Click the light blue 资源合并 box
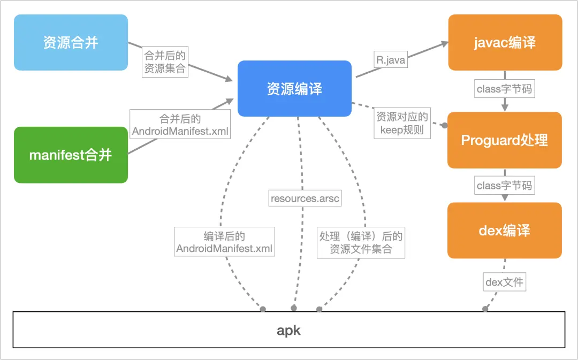(71, 43)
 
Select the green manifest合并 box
(71, 155)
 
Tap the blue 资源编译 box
(294, 88)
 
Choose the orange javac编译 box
(505, 42)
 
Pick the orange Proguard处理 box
(505, 140)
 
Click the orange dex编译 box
(505, 231)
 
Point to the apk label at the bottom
(288, 330)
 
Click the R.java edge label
(391, 60)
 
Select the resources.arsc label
(305, 198)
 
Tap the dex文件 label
(504, 281)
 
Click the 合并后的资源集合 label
(165, 62)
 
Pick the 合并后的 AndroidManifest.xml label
(180, 125)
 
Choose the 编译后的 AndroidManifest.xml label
(224, 242)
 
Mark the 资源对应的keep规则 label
(402, 124)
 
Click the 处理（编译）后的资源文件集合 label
(361, 242)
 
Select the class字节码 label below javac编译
(504, 89)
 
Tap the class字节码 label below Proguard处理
(504, 186)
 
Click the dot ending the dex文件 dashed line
(485, 309)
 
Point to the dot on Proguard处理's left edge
(444, 126)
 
